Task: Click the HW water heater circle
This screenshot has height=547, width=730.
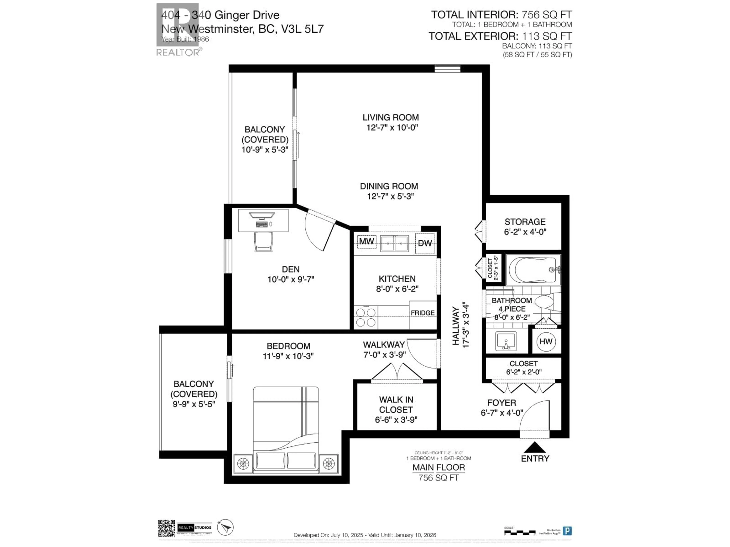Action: pos(546,341)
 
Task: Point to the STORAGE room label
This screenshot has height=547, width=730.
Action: pos(525,222)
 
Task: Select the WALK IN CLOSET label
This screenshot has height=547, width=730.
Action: pos(396,405)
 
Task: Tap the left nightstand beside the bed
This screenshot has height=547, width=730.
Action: pos(243,464)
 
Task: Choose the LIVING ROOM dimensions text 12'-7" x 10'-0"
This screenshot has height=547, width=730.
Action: pos(392,128)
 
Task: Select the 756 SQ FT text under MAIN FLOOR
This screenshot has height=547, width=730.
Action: pos(439,477)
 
